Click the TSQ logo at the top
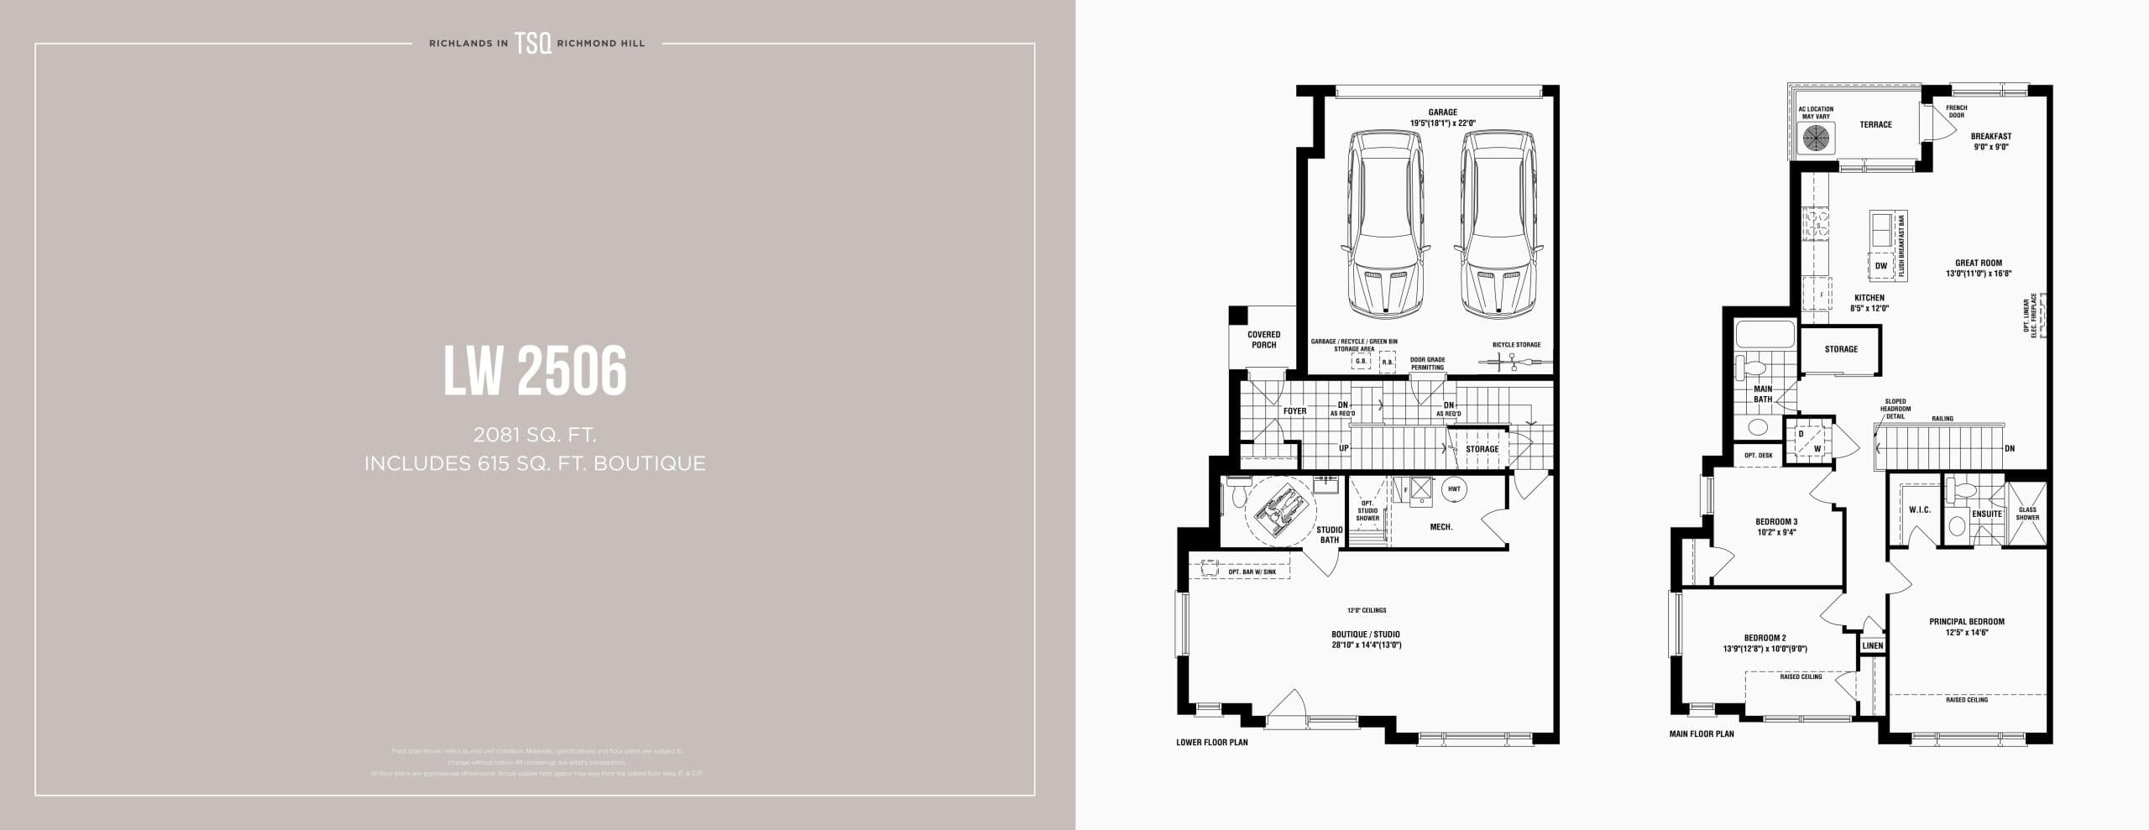click(533, 44)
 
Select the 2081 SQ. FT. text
click(535, 435)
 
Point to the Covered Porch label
click(1263, 340)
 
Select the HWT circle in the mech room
click(1454, 489)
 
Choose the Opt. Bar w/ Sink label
click(1252, 572)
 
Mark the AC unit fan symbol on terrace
click(1816, 138)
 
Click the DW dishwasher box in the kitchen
click(1881, 266)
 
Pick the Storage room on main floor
click(1841, 349)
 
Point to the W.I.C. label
click(1920, 510)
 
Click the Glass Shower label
click(2027, 514)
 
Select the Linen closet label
click(1873, 645)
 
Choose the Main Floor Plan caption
click(1702, 733)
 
